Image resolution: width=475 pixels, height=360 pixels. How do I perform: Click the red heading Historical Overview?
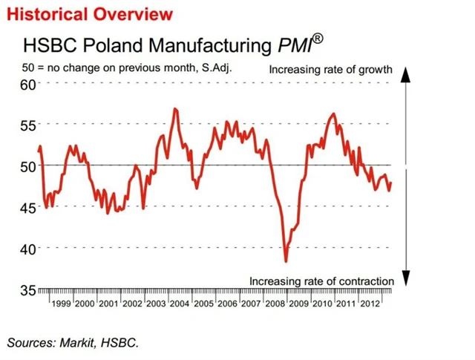[90, 14]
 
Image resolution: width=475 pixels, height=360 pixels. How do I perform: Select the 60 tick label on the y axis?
[28, 84]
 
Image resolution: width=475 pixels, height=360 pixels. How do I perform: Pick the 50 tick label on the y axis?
[28, 166]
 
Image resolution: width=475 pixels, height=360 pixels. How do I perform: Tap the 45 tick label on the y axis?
[28, 208]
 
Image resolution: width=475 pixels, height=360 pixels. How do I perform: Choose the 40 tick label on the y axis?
[28, 249]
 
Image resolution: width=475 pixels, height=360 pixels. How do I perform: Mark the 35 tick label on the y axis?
[28, 290]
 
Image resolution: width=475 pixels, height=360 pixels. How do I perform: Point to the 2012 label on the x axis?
[372, 304]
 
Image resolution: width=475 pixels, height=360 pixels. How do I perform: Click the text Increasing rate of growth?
[330, 70]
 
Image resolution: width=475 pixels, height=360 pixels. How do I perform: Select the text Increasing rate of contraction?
[321, 281]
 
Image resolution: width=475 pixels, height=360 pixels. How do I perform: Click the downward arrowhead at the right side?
[405, 278]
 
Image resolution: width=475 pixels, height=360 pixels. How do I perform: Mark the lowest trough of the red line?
[286, 261]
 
